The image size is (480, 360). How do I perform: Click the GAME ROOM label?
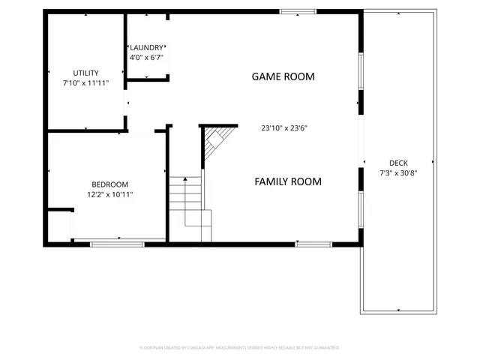point(283,76)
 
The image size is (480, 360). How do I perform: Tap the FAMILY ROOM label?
point(287,181)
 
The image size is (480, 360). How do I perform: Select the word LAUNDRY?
point(146,48)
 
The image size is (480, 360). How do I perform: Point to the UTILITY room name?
point(85,73)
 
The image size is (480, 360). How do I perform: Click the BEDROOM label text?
point(109,184)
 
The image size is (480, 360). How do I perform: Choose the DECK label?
point(398,163)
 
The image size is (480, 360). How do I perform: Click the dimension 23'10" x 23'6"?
point(284,128)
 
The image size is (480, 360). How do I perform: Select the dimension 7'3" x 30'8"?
point(398,173)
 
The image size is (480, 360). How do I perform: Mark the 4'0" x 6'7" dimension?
point(146,57)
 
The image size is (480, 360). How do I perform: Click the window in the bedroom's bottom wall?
point(118,242)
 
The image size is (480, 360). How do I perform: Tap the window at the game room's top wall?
point(298,11)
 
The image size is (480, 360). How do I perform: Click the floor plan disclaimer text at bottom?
point(240,348)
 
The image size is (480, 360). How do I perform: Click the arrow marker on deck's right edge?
point(433,161)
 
